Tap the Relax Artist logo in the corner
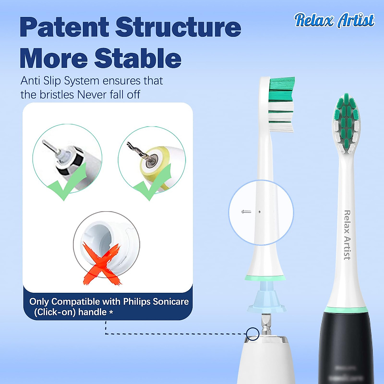[334, 20]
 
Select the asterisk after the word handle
[111, 312]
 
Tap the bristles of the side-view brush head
[281, 104]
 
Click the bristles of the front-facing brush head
[346, 123]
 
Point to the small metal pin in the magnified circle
[246, 212]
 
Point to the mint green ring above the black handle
[346, 309]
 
